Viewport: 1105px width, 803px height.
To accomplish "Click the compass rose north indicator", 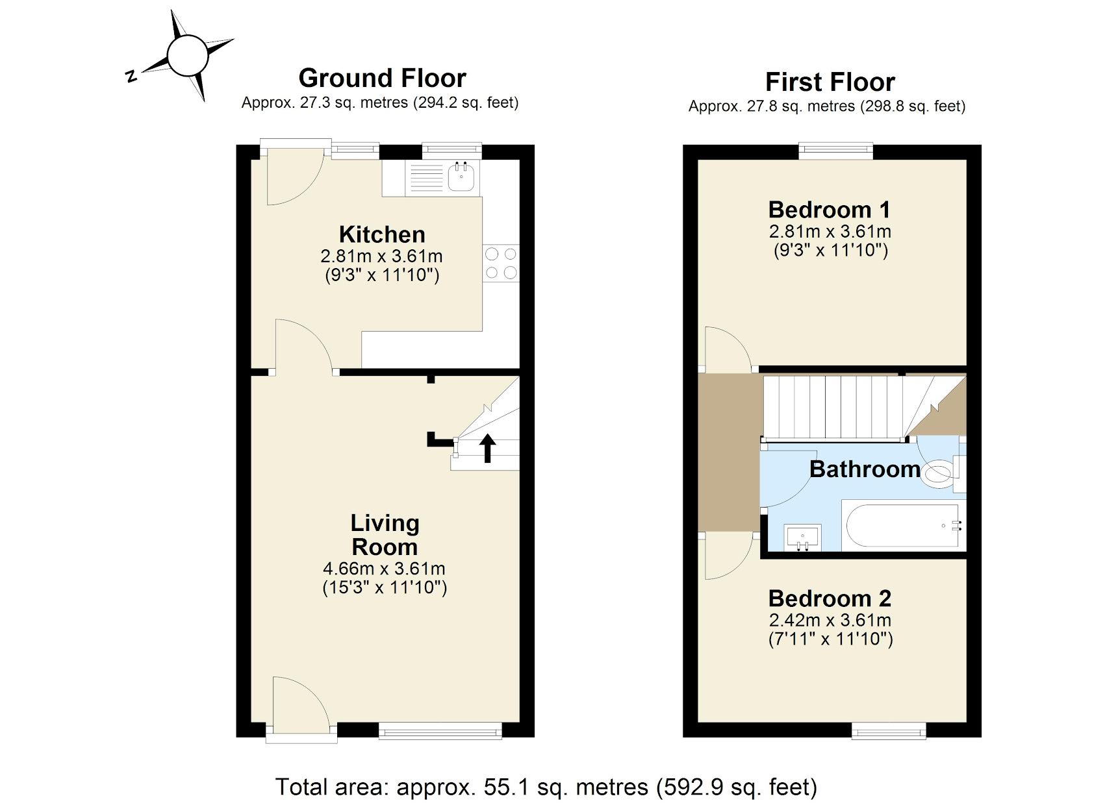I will (132, 76).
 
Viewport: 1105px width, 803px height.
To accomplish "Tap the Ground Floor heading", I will (382, 79).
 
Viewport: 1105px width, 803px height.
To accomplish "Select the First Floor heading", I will (830, 82).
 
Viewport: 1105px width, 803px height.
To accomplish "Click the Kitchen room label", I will (382, 234).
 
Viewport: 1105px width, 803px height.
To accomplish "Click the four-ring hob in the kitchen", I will (501, 263).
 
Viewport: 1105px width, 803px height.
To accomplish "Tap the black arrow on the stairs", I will (488, 448).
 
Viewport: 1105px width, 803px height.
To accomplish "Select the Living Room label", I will (385, 535).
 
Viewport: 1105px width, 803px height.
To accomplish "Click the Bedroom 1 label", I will (829, 210).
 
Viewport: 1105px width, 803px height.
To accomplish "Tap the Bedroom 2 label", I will (830, 598).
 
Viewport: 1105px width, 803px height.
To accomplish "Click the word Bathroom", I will (865, 469).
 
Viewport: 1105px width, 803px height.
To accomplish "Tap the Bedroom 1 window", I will (835, 151).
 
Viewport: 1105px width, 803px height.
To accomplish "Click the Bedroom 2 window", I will (889, 732).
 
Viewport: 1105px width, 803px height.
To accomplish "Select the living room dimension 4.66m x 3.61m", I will (384, 569).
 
